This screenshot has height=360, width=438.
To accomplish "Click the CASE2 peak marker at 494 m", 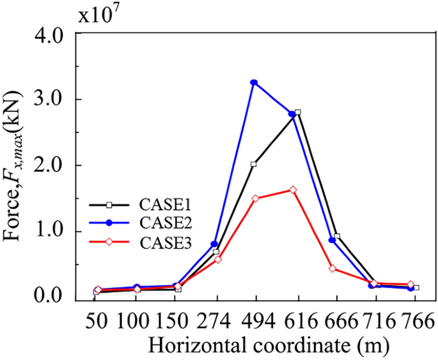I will (254, 82).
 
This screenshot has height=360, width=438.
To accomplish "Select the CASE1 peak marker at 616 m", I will (297, 113).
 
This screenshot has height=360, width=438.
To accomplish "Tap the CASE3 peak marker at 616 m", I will (293, 190).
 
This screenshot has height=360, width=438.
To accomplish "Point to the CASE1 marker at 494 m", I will (254, 164).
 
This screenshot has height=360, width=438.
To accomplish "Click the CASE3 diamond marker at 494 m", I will (255, 199).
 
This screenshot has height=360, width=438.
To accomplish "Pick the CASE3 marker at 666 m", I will (332, 269).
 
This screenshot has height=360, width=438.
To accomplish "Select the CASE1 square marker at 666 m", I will (337, 237).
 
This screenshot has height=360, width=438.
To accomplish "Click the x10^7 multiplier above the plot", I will (98, 15).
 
